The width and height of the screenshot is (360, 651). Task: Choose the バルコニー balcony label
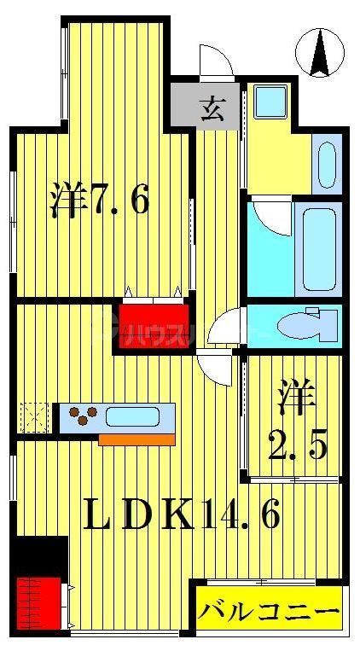pos(269,613)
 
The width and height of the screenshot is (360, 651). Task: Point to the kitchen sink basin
pos(133,418)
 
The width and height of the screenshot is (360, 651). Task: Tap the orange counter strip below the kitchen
pos(136,439)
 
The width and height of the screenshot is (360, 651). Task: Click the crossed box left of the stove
pos(34,417)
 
